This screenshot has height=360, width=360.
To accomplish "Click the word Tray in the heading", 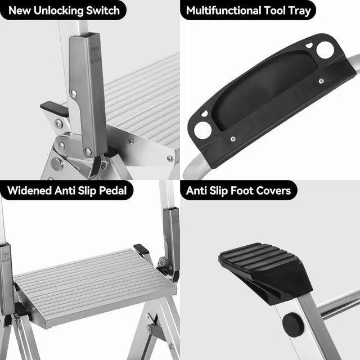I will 299,10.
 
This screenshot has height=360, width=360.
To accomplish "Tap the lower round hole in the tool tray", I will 203,130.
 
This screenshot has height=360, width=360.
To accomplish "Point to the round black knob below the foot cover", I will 292,323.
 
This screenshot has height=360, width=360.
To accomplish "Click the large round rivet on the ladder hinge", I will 56,164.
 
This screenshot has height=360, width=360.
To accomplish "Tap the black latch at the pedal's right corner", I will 141,249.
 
